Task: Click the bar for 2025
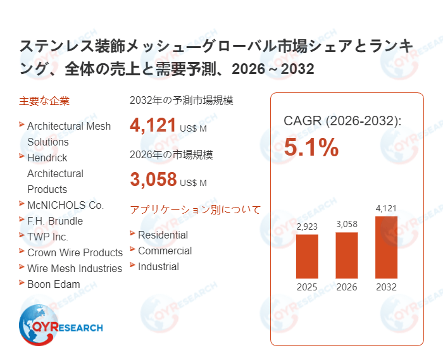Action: tap(307, 256)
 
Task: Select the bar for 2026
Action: tap(347, 255)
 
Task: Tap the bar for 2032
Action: tap(386, 247)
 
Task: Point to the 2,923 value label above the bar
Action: tap(307, 226)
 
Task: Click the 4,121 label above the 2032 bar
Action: tap(386, 208)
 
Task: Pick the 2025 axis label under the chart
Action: tap(307, 287)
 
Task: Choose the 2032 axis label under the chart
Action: tap(386, 287)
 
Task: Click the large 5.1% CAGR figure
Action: tap(311, 148)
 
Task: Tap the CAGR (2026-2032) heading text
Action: tap(342, 121)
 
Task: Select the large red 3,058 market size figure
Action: tap(153, 179)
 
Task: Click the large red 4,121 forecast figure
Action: tap(153, 125)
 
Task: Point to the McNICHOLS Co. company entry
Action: tap(65, 205)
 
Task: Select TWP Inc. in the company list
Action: tap(47, 237)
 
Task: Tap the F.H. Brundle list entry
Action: tap(55, 221)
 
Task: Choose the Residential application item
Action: tap(163, 235)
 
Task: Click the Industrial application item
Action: tap(158, 266)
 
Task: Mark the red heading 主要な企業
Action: tap(44, 101)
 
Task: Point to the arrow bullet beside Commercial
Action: tap(132, 249)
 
